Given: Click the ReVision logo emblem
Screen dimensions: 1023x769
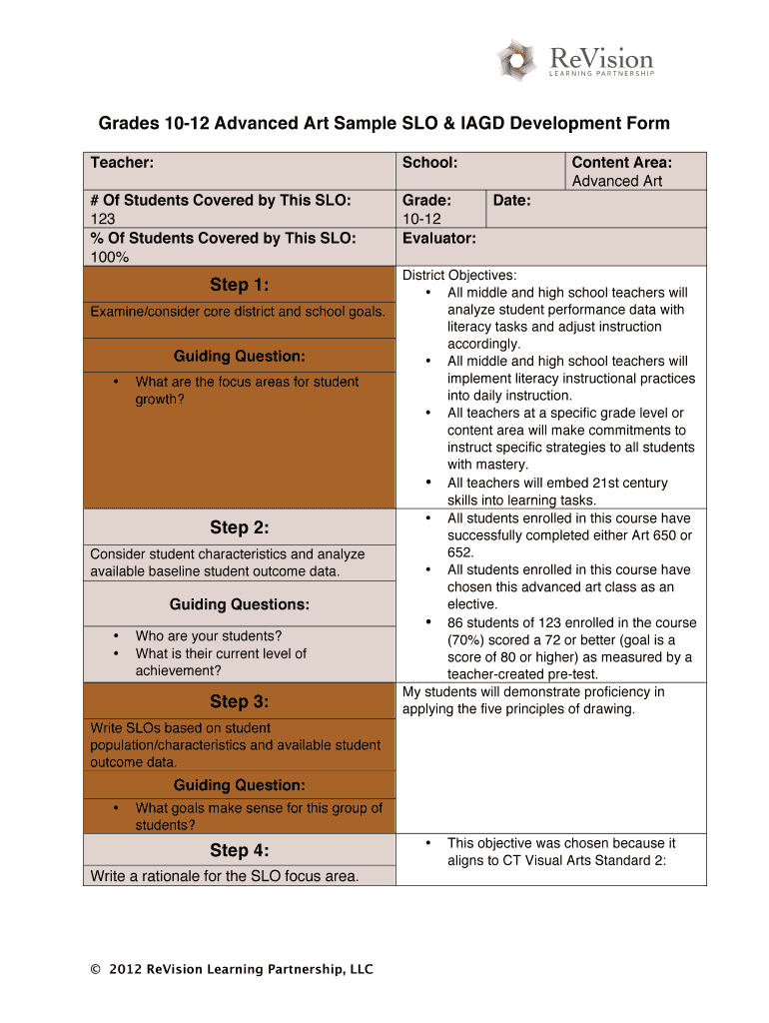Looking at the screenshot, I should pyautogui.click(x=517, y=60).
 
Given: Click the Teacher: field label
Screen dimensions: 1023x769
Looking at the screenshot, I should pyautogui.click(x=122, y=162).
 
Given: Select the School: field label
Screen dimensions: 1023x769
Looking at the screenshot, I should pyautogui.click(x=429, y=162).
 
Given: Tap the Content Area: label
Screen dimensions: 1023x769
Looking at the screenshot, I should pyautogui.click(x=621, y=162).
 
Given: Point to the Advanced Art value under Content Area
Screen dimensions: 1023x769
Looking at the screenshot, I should pyautogui.click(x=616, y=181).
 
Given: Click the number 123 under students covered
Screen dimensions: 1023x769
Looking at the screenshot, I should pyautogui.click(x=103, y=219).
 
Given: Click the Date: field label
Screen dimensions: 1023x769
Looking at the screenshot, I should pyautogui.click(x=511, y=200).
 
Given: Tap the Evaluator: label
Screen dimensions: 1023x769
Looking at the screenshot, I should pyautogui.click(x=438, y=238).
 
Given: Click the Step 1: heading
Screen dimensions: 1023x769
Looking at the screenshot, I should pyautogui.click(x=239, y=285).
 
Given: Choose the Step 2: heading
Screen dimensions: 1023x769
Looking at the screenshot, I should pyautogui.click(x=239, y=527).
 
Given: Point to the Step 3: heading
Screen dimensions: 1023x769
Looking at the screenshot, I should pyautogui.click(x=239, y=701).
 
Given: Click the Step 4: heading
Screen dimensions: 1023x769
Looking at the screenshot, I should pyautogui.click(x=239, y=850).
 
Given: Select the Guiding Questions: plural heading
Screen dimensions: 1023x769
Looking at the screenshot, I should pyautogui.click(x=239, y=604).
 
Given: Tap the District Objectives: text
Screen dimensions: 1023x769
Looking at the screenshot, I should pyautogui.click(x=459, y=275).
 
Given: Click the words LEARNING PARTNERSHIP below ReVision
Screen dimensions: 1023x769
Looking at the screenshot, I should pyautogui.click(x=603, y=73).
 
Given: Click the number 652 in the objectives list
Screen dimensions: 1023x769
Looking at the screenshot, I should pyautogui.click(x=459, y=552).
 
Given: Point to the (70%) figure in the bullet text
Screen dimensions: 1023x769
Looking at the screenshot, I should pyautogui.click(x=468, y=639).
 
